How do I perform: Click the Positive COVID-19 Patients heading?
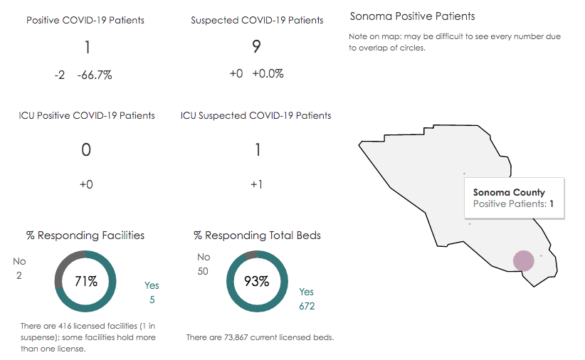coord(85,20)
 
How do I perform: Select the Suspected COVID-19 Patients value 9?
coord(256,47)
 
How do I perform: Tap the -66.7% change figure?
coord(95,75)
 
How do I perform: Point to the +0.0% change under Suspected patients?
coord(268,74)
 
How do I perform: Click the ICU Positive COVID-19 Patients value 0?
coord(86,149)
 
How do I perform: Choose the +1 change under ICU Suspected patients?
coord(257,184)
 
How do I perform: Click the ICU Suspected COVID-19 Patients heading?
coord(255,115)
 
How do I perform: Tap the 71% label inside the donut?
coord(86,281)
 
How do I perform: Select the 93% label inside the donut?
coord(256,281)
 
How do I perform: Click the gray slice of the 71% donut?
coord(63,267)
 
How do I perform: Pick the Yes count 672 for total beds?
coord(307,307)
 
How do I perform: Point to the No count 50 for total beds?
coord(204,271)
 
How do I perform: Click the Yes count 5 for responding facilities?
coord(152,300)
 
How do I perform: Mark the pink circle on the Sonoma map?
coord(523,261)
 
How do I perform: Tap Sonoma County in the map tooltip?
coord(509,192)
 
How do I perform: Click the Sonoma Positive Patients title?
coord(412,16)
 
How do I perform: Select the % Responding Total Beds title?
coord(257,235)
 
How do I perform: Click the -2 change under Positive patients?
coord(60,75)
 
